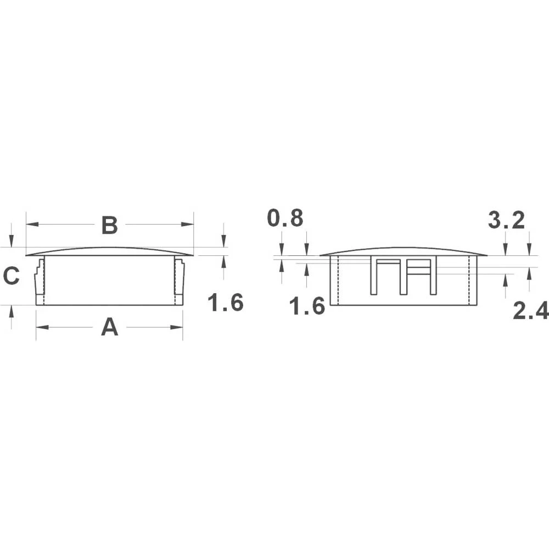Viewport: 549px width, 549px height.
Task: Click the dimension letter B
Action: point(110,225)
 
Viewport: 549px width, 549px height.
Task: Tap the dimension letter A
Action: point(110,328)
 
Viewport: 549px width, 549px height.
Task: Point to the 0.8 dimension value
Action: point(285,219)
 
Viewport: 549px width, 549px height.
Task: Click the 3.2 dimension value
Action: point(506,221)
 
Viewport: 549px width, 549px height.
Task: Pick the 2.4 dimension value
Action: point(530,311)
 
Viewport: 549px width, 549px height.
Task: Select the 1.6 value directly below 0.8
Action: point(307,306)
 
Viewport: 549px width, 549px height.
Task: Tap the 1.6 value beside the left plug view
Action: point(226,302)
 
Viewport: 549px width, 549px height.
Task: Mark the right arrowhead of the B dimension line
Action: point(190,224)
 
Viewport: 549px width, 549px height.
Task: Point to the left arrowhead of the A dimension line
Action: point(40,327)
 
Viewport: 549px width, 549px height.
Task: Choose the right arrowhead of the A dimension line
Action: point(179,327)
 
